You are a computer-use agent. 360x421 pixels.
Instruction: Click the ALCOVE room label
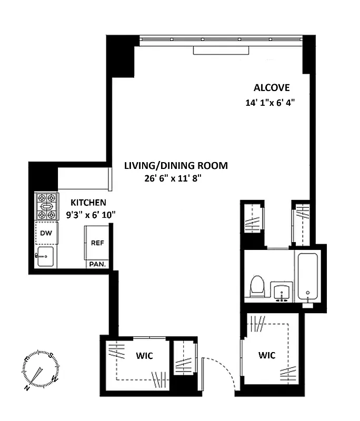coord(272,87)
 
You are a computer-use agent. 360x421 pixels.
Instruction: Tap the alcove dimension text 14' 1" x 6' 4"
coord(269,103)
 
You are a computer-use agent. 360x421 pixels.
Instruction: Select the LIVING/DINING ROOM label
coord(176,166)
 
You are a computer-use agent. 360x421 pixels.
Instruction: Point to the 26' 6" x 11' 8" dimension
coord(174,179)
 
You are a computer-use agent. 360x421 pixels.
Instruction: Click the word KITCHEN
coord(88,202)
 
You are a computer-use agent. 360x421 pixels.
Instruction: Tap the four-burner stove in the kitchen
coord(46,207)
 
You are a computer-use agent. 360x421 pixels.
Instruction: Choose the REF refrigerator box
coord(97,243)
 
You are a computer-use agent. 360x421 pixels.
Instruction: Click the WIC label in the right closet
coord(267,355)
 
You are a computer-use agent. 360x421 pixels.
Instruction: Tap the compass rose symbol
coord(40,372)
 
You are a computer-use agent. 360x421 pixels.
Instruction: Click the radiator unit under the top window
coord(221,50)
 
